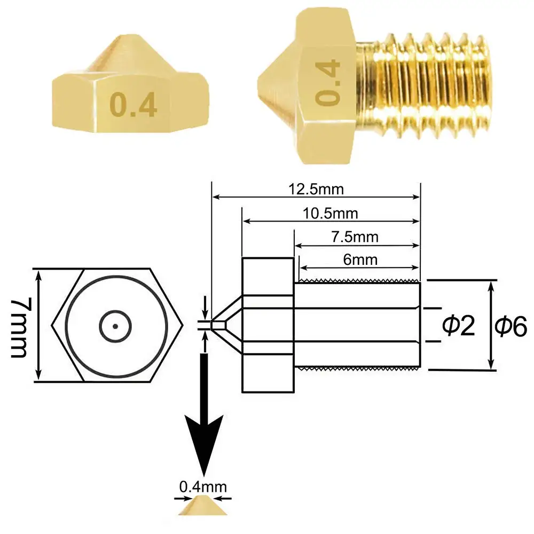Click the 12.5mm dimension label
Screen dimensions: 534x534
316,189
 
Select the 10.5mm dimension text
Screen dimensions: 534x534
330,214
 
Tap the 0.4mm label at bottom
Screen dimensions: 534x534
203,486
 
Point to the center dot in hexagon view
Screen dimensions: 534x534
115,326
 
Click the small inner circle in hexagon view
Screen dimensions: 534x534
115,326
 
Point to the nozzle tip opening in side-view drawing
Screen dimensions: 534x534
214,325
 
